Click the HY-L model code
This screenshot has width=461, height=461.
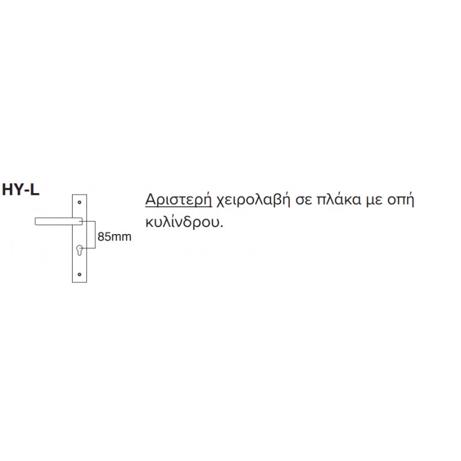[x=21, y=190]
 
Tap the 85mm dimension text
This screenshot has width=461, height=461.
[x=114, y=237]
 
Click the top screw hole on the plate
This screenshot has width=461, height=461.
[x=80, y=202]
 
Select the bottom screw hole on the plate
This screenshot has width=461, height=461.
[x=80, y=274]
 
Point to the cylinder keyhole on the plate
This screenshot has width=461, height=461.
[x=80, y=250]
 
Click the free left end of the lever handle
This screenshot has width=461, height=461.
[x=35, y=221]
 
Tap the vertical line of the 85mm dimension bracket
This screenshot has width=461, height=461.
[x=95, y=235]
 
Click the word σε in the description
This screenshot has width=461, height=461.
[x=304, y=201]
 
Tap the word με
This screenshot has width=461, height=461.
[x=374, y=201]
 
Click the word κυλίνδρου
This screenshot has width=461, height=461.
[x=182, y=222]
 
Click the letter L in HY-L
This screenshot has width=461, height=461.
[x=35, y=190]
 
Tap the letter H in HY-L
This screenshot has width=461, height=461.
[x=7, y=190]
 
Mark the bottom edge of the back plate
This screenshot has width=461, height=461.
[x=80, y=282]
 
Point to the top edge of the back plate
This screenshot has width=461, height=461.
[x=80, y=195]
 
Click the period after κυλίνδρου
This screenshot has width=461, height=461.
[x=221, y=226]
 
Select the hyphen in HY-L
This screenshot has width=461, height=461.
[x=27, y=192]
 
